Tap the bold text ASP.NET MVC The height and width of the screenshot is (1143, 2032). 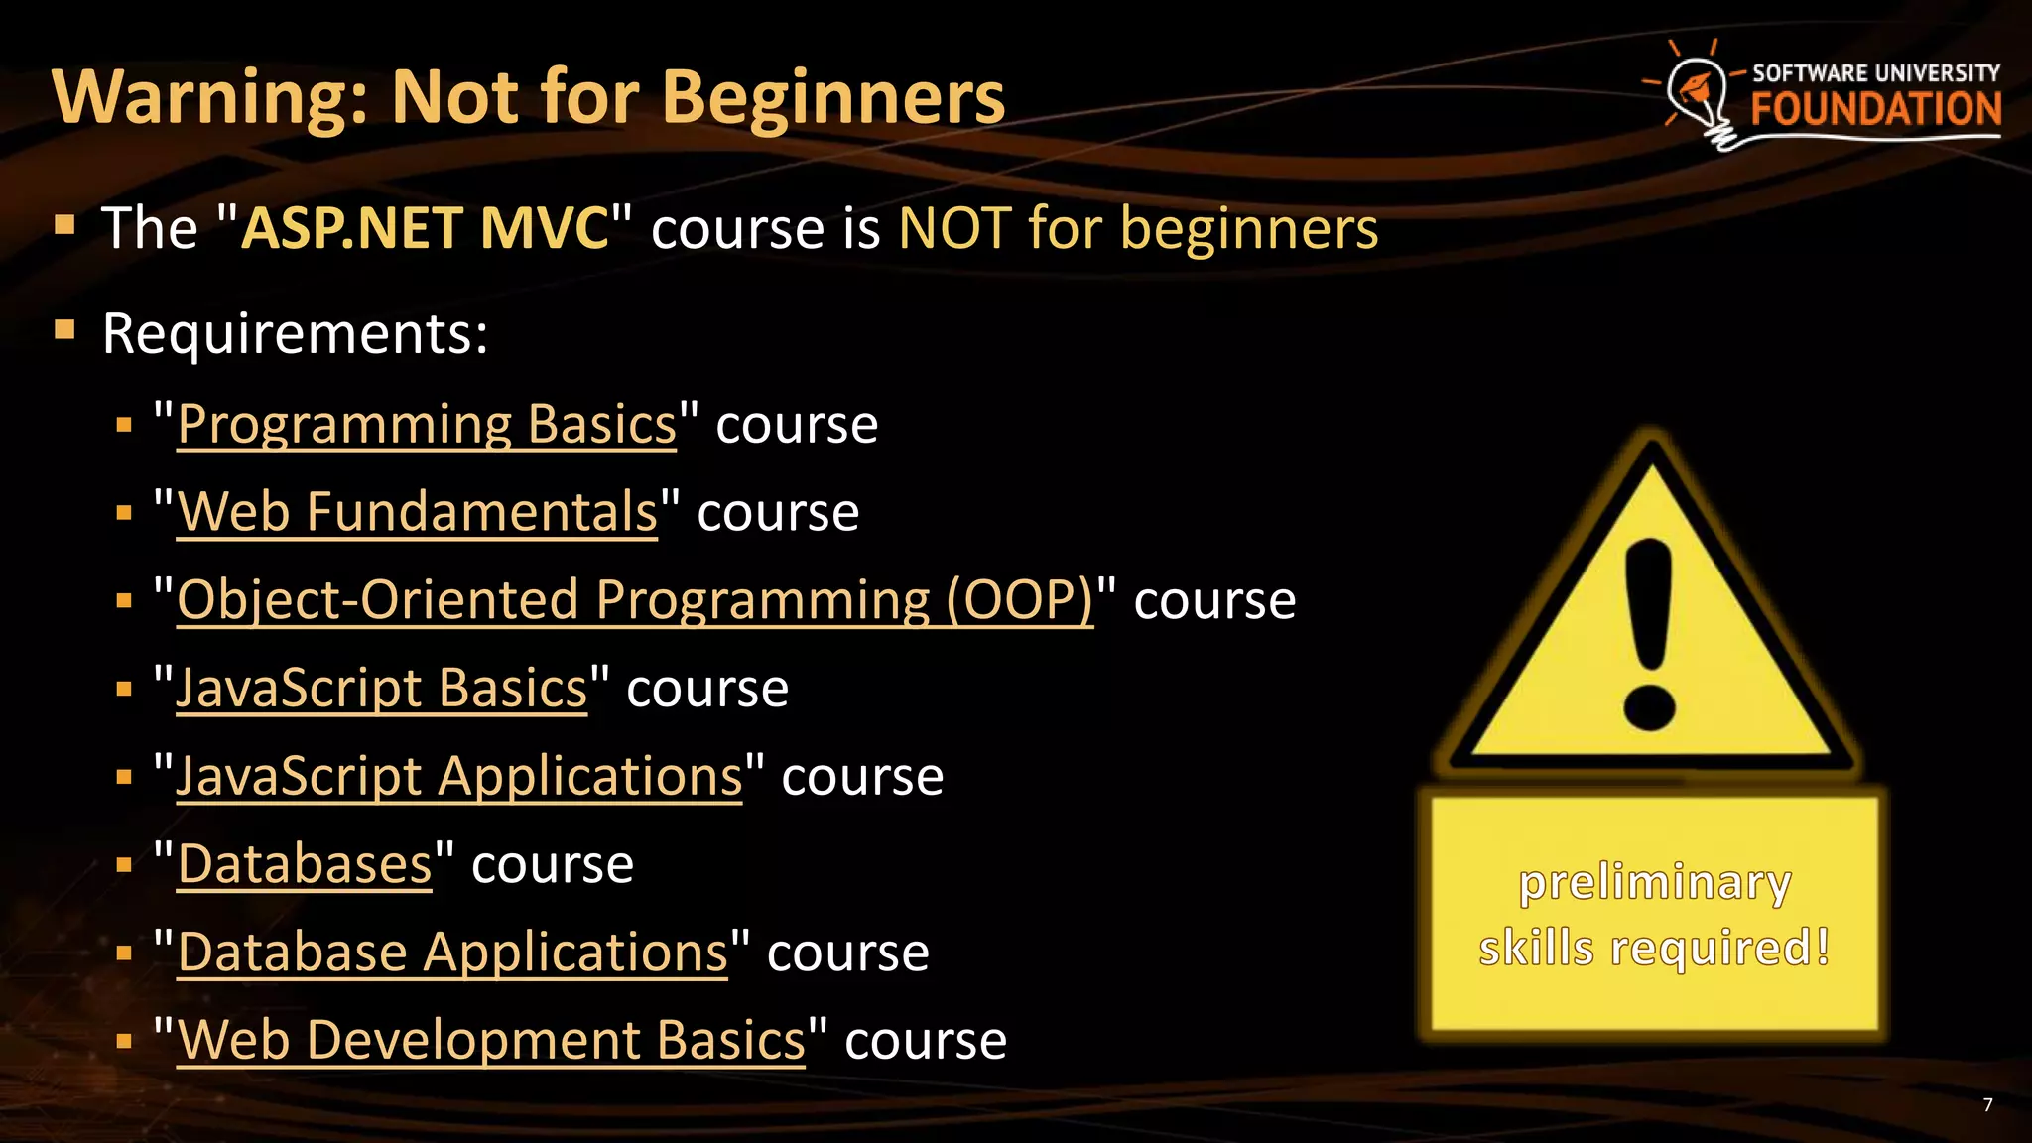pyautogui.click(x=425, y=228)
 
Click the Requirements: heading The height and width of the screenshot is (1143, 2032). pyautogui.click(x=295, y=333)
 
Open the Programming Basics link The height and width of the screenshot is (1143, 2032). pyautogui.click(x=427, y=425)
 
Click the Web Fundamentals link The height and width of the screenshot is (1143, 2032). pyautogui.click(x=417, y=513)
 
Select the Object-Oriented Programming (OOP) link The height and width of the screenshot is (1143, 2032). pyautogui.click(x=635, y=600)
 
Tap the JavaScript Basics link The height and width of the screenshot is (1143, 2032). pyautogui.click(x=382, y=689)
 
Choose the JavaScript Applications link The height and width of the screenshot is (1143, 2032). pyautogui.click(x=458, y=776)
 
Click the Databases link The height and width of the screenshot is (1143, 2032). pyautogui.click(x=305, y=864)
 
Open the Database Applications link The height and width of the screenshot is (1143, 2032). pyautogui.click(x=452, y=952)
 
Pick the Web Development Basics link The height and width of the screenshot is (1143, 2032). pyautogui.click(x=491, y=1040)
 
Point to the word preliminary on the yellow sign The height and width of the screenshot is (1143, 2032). pyautogui.click(x=1655, y=882)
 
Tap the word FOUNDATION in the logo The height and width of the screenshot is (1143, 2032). pyautogui.click(x=1875, y=109)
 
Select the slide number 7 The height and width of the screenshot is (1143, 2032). pyautogui.click(x=1987, y=1105)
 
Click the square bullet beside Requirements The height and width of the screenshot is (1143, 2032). pyautogui.click(x=65, y=329)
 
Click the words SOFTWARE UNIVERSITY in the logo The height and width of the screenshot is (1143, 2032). pyautogui.click(x=1875, y=72)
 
